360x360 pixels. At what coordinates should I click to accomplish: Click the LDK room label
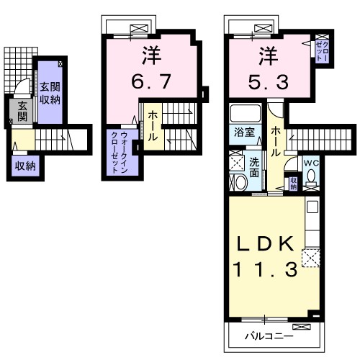pos(265,243)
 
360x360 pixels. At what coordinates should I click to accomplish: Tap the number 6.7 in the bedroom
pos(151,81)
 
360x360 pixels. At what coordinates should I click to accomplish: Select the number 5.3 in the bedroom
pos(269,82)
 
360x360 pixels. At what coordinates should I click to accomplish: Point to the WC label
pos(311,163)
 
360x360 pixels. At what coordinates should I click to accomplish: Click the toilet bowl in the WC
pos(311,176)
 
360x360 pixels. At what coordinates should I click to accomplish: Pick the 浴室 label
pos(244,132)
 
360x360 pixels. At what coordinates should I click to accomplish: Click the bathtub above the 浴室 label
pos(246,113)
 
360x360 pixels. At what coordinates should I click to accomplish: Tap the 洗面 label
pos(254,167)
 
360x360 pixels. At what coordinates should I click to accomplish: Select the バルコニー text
pos(269,336)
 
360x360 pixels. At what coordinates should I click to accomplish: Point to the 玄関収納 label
pos(50,93)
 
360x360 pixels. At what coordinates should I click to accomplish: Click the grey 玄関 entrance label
pos(22,111)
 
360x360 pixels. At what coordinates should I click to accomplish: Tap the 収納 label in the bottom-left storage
pos(25,166)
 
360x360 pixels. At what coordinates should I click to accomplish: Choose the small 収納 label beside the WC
pos(293,184)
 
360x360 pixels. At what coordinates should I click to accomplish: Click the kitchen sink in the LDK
pos(312,207)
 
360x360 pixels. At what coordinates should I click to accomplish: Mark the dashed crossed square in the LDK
pos(311,258)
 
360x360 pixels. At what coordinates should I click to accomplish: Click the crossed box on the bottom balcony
pos(302,327)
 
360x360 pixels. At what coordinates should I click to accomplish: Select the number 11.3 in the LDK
pos(266,269)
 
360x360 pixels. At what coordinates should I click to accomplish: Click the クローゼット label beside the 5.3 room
pos(322,51)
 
